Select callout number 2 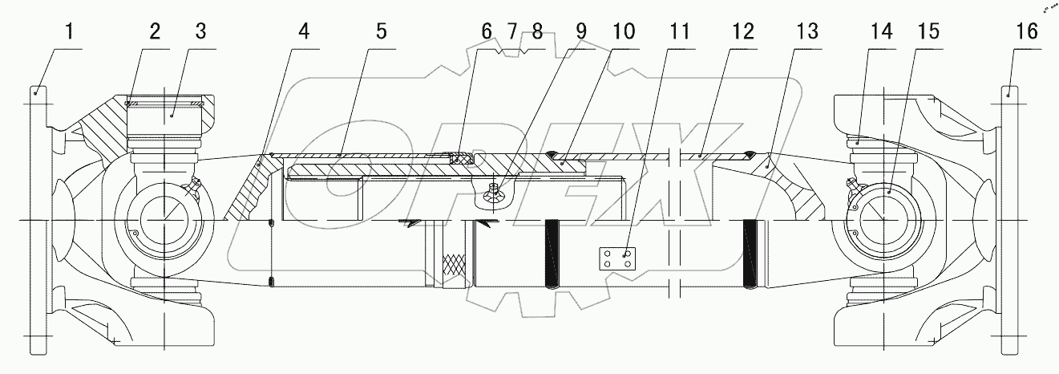pyautogui.click(x=154, y=32)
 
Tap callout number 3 pyautogui.click(x=200, y=32)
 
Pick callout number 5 pyautogui.click(x=380, y=32)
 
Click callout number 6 pyautogui.click(x=486, y=32)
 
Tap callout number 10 pyautogui.click(x=623, y=32)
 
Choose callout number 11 pyautogui.click(x=679, y=32)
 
